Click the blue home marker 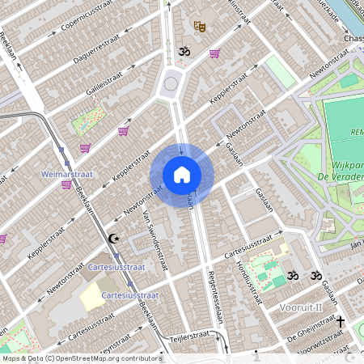(181, 175)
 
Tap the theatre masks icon (199, 27)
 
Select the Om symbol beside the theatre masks (183, 53)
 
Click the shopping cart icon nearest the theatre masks (214, 53)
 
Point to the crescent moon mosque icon (114, 238)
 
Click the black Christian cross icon (340, 322)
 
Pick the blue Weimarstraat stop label (65, 173)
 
